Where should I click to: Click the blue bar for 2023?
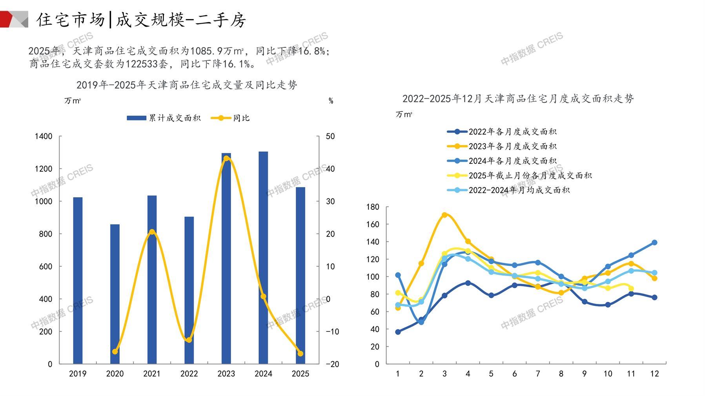click(226, 259)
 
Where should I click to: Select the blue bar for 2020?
click(115, 294)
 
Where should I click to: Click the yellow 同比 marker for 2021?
click(152, 232)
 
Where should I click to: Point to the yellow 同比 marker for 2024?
click(263, 297)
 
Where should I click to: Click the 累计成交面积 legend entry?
click(164, 118)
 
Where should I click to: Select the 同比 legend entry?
click(230, 118)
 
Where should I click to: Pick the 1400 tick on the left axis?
click(43, 136)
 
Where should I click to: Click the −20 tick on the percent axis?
click(332, 364)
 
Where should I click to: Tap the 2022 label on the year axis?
click(189, 374)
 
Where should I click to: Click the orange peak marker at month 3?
click(444, 215)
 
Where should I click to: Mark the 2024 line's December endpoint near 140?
click(654, 243)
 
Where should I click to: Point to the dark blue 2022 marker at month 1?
click(398, 332)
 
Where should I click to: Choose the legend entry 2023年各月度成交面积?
click(502, 146)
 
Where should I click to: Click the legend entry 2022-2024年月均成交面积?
click(508, 190)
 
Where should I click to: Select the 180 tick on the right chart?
click(373, 207)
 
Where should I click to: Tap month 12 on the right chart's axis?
click(654, 374)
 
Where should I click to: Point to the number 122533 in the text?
click(142, 64)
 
